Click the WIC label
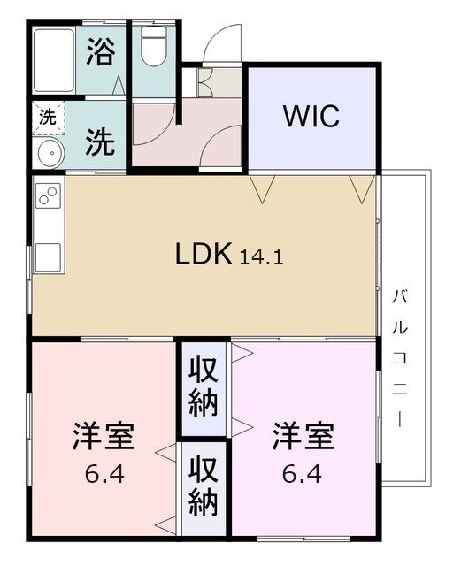pyautogui.click(x=311, y=117)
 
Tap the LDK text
pyautogui.click(x=203, y=255)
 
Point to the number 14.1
pyautogui.click(x=260, y=257)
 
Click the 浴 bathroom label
pyautogui.click(x=100, y=52)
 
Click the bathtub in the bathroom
pyautogui.click(x=54, y=60)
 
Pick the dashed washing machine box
pyautogui.click(x=45, y=116)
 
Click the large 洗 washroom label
pyautogui.click(x=99, y=141)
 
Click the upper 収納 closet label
pyautogui.click(x=204, y=390)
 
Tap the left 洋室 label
pyautogui.click(x=103, y=437)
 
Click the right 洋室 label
pyautogui.click(x=303, y=437)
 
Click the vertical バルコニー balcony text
pyautogui.click(x=403, y=354)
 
